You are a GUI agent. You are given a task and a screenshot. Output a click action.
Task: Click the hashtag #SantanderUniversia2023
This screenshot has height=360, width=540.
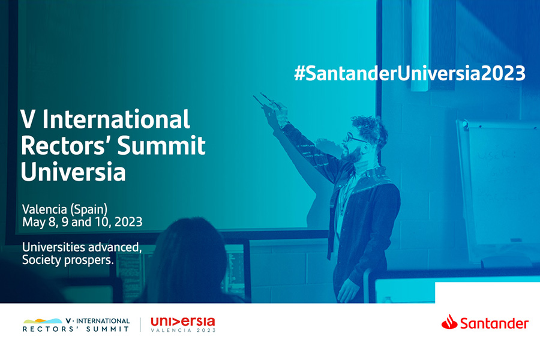pos(410,73)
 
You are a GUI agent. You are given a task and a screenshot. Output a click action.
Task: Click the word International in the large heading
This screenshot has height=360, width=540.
pos(116,119)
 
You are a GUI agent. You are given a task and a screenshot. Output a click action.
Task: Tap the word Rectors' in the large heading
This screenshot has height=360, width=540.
pos(67,145)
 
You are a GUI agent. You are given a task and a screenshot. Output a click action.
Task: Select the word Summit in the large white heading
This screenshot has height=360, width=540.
pos(161,145)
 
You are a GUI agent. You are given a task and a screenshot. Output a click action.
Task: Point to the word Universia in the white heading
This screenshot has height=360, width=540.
pos(73,171)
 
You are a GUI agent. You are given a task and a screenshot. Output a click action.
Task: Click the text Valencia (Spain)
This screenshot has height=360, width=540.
pos(65,209)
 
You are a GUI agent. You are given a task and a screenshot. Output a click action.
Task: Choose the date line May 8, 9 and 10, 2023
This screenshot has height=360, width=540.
pos(82,222)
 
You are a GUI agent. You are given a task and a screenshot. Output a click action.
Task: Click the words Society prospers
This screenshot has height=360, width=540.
pos(68,260)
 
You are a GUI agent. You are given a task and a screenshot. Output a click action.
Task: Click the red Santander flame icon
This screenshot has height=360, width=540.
pos(449,322)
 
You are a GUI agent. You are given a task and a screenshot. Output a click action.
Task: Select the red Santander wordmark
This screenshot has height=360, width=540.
pos(494,324)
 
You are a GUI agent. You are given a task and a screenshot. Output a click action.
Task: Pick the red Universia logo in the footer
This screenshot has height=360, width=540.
pos(183,322)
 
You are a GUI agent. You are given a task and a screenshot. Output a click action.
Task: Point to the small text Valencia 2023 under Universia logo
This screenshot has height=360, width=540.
pos(183,330)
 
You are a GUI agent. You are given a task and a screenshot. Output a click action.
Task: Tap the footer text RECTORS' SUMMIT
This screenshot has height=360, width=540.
pos(76,329)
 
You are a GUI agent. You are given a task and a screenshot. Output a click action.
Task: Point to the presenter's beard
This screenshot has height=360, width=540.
pos(351,155)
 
